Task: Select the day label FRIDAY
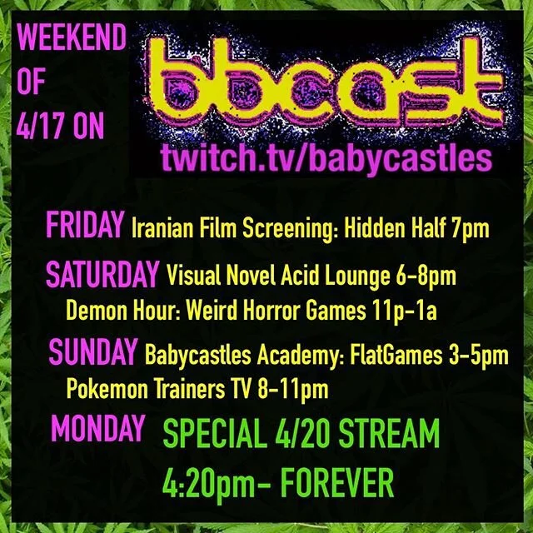(86, 227)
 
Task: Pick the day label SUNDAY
(93, 353)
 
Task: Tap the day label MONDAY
(97, 428)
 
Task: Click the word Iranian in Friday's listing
(161, 228)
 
